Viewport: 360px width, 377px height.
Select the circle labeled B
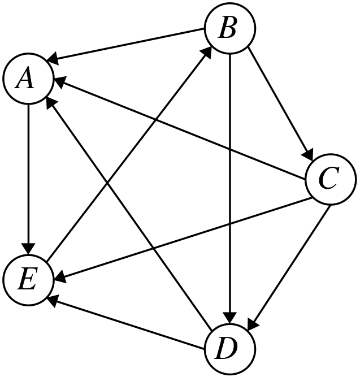click(230, 28)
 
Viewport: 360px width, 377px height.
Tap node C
click(331, 180)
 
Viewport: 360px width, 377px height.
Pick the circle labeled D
click(229, 348)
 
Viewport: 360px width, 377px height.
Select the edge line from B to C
click(278, 102)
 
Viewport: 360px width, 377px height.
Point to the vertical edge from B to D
click(230, 187)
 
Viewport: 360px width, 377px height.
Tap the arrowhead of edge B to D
click(230, 317)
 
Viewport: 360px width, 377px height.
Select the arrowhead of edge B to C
click(309, 155)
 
